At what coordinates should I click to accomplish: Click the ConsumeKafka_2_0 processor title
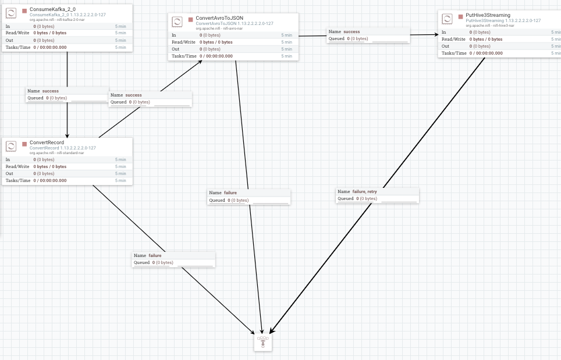(x=52, y=9)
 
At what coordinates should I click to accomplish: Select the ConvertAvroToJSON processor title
(x=219, y=18)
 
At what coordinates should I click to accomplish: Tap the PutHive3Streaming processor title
(x=488, y=15)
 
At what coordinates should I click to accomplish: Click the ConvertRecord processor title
(x=47, y=142)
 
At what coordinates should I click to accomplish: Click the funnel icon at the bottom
(x=263, y=342)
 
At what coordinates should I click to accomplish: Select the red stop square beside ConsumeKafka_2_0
(x=24, y=10)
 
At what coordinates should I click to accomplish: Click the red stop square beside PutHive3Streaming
(x=460, y=17)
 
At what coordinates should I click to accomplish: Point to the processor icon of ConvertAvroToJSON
(x=177, y=22)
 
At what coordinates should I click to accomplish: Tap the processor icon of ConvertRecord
(x=11, y=146)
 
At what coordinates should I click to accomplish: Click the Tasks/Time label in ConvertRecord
(x=18, y=180)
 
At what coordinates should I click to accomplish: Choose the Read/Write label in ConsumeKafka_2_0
(x=17, y=33)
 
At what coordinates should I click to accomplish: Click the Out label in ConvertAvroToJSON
(x=175, y=49)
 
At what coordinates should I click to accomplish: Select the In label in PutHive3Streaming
(x=443, y=32)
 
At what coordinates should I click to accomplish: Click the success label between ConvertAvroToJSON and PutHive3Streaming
(x=351, y=32)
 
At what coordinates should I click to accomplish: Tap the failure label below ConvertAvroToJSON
(x=230, y=193)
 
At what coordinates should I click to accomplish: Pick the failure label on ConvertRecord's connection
(x=155, y=256)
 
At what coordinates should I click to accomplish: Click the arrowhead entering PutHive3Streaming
(x=436, y=35)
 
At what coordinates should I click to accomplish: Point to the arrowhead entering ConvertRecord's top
(x=67, y=136)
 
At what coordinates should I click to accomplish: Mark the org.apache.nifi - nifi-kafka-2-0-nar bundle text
(x=57, y=20)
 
